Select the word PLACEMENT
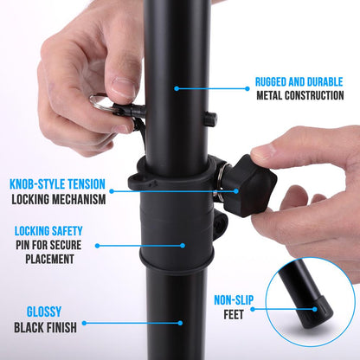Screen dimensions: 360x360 point(48,260)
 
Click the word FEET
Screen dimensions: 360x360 point(232,317)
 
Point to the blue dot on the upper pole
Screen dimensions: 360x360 point(177,87)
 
